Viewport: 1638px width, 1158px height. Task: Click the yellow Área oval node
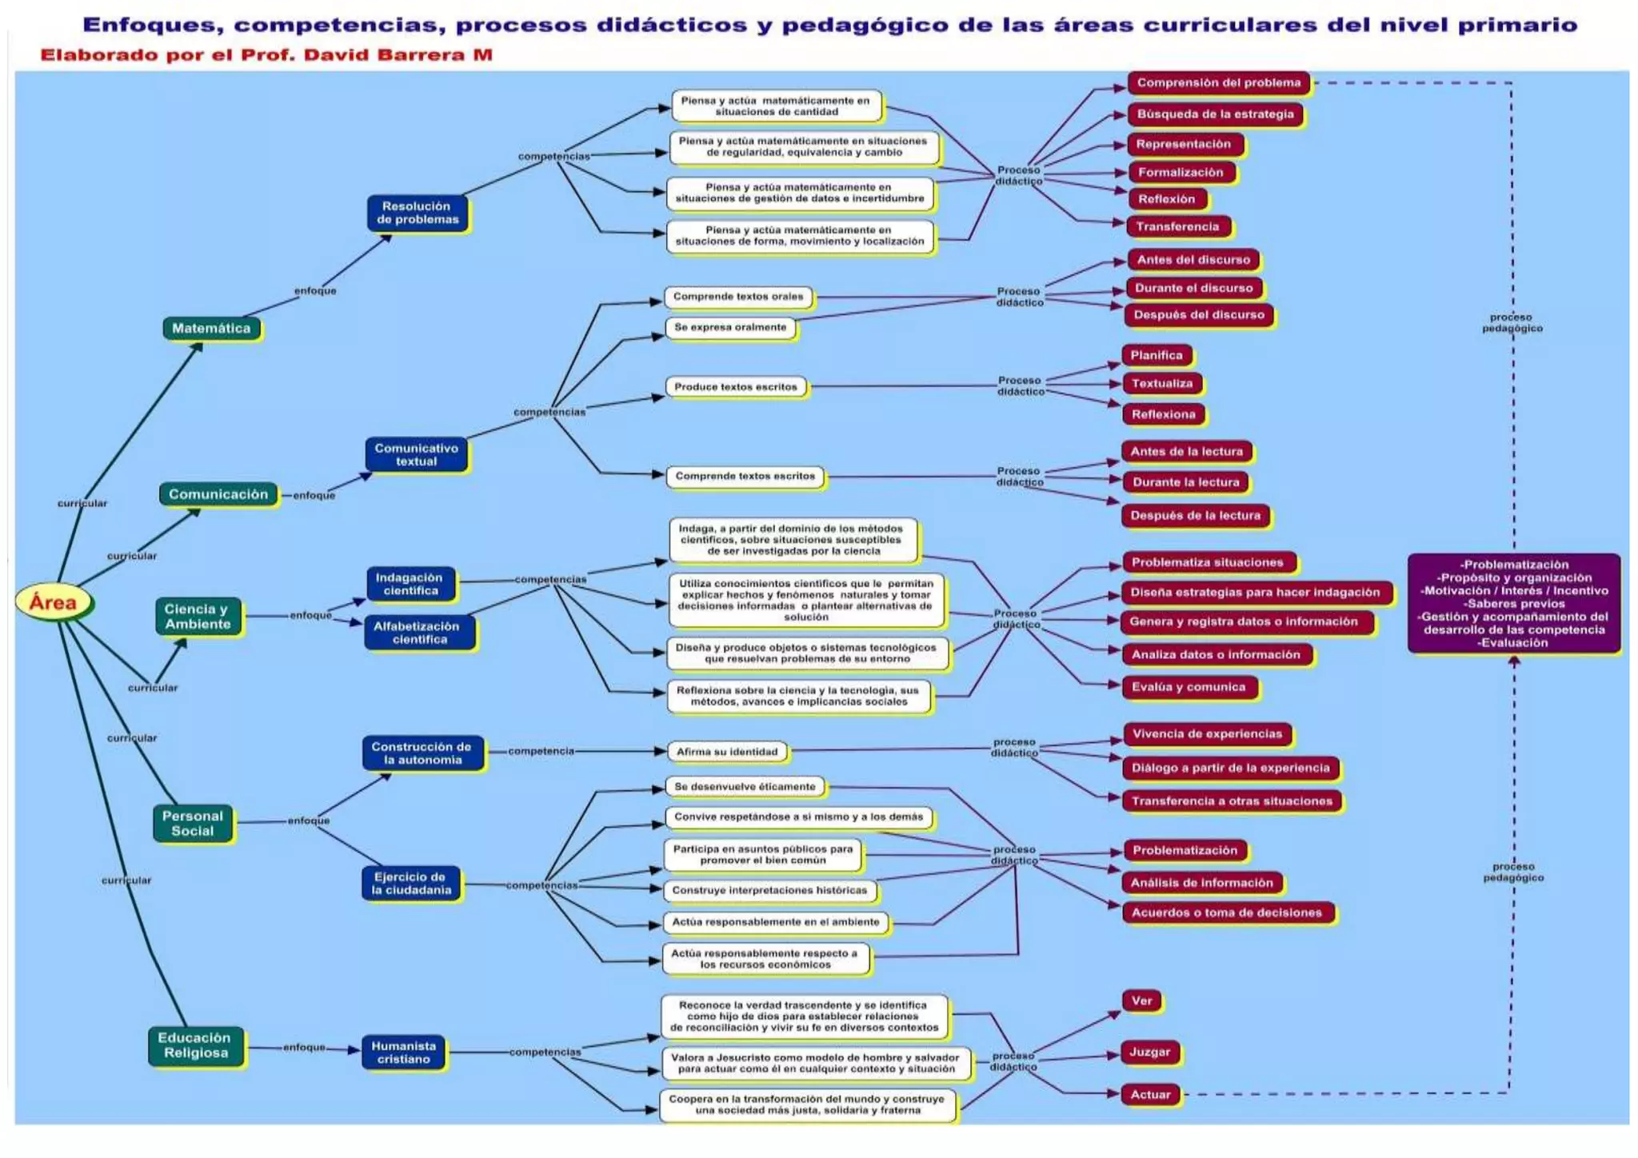[x=54, y=602]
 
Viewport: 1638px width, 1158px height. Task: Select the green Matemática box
[x=211, y=328]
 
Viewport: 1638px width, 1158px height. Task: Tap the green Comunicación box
[x=218, y=494]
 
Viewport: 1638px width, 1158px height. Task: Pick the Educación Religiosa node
[x=194, y=1045]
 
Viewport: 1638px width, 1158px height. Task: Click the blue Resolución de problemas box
[x=417, y=213]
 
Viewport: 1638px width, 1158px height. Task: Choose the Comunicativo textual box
[x=416, y=454]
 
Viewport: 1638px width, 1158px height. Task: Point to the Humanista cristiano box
[x=404, y=1052]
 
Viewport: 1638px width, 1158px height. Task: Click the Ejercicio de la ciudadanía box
[x=410, y=883]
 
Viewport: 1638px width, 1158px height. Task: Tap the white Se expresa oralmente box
[x=730, y=327]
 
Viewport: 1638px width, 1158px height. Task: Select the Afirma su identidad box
[x=727, y=752]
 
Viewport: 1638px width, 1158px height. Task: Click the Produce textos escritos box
[x=736, y=387]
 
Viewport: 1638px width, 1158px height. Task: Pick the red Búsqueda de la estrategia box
[x=1215, y=114]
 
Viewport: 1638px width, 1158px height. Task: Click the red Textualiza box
[x=1162, y=384]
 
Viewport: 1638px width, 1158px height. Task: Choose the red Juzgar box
[x=1150, y=1052]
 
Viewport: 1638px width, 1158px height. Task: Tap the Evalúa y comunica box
[x=1189, y=687]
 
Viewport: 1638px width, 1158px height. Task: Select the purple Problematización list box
[x=1514, y=603]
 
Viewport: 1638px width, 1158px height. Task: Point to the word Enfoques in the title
[x=151, y=25]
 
